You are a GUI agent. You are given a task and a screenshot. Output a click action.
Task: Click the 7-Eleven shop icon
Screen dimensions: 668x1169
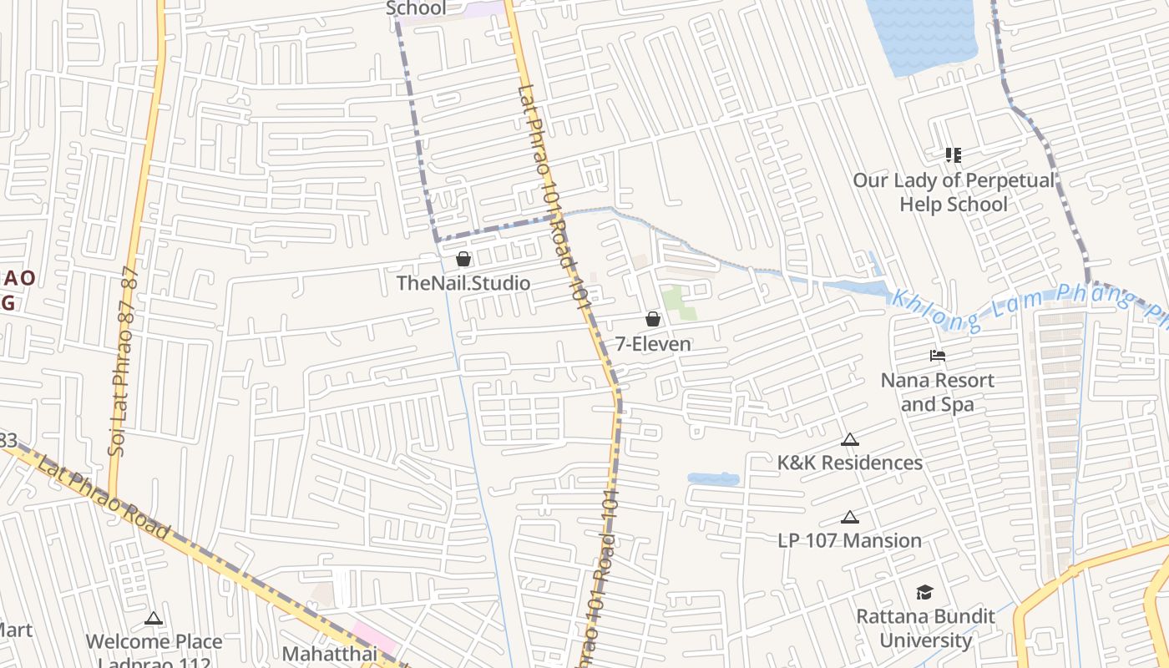click(x=653, y=319)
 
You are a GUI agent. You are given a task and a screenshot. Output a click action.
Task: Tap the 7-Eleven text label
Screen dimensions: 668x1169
click(x=653, y=344)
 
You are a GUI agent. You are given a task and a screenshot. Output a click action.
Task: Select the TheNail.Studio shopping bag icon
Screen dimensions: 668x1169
click(x=463, y=259)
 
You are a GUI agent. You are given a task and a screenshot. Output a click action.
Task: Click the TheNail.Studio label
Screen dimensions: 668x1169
click(x=463, y=283)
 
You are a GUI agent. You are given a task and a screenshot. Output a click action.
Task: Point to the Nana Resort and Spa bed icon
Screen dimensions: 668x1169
click(x=938, y=356)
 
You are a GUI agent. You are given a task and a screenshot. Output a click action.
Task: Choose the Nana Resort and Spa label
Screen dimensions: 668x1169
click(x=938, y=392)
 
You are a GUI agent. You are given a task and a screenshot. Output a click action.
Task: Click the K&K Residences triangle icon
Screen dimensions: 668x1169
click(x=850, y=439)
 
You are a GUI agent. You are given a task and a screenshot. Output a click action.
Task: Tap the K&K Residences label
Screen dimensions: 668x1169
click(x=850, y=463)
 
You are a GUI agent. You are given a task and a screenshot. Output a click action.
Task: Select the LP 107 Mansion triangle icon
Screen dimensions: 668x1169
click(x=850, y=517)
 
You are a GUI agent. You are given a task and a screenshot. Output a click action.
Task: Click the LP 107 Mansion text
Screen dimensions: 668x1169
click(x=850, y=540)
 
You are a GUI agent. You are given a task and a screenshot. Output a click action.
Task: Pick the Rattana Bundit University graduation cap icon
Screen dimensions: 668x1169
click(x=924, y=592)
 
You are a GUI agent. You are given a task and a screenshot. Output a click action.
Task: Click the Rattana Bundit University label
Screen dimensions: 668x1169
click(x=926, y=628)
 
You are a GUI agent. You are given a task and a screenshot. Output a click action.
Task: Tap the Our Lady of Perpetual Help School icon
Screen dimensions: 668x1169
click(x=954, y=154)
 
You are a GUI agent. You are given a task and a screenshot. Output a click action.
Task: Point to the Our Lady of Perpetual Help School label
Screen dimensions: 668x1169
click(x=954, y=192)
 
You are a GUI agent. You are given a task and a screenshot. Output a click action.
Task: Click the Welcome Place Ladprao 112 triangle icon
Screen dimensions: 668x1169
click(x=153, y=619)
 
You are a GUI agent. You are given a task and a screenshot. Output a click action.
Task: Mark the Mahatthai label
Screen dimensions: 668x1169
click(x=330, y=653)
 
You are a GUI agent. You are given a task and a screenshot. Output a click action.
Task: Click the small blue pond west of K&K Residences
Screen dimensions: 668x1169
click(x=713, y=479)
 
